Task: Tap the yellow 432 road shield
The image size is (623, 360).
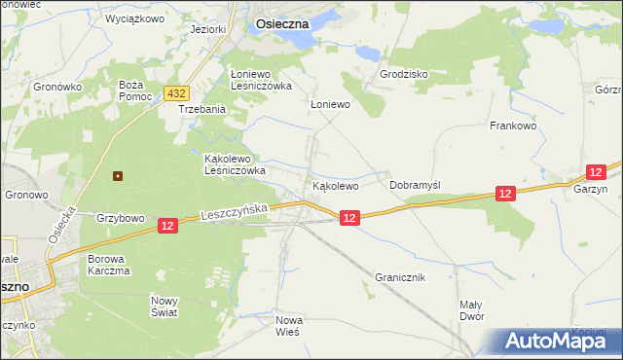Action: tap(176, 92)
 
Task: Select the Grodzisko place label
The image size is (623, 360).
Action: tap(404, 74)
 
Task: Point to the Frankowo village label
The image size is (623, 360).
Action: tap(514, 126)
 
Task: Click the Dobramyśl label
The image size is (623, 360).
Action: tap(416, 185)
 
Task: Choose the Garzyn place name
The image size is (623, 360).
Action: tap(590, 190)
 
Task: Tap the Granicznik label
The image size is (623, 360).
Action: tap(400, 277)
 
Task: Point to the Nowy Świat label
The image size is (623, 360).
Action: tap(165, 306)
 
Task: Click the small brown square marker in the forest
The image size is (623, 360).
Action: tap(118, 176)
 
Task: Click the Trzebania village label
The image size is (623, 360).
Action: tap(202, 110)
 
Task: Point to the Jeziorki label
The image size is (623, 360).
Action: tap(209, 29)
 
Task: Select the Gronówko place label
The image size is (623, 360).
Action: tap(55, 87)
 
